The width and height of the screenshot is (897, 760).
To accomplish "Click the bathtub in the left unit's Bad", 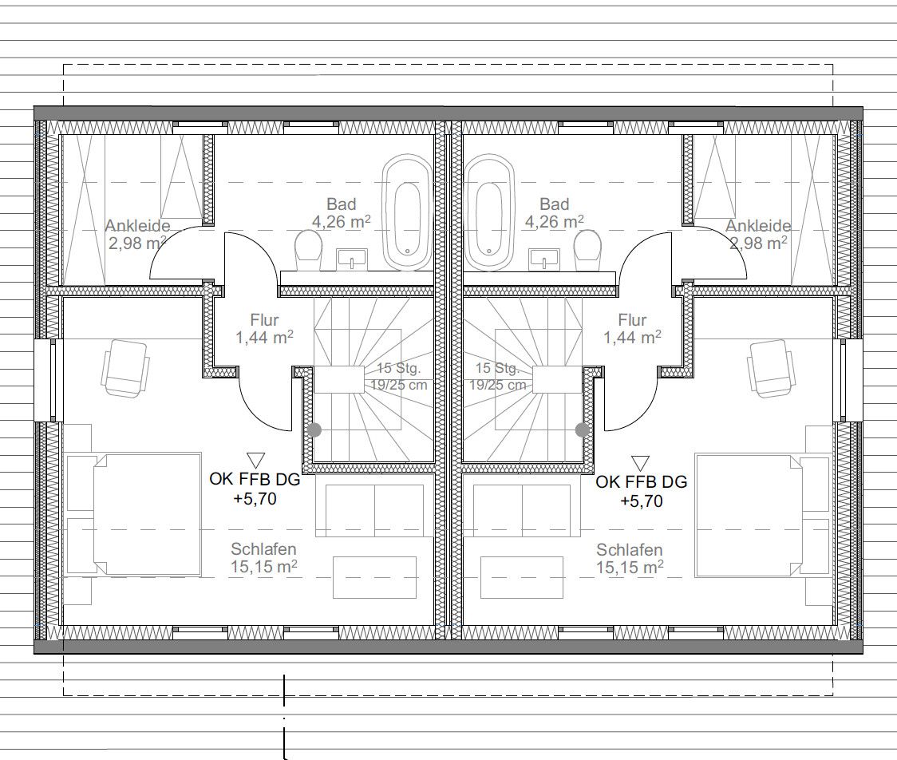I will (407, 212).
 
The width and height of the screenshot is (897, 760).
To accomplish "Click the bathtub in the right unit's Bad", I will (489, 212).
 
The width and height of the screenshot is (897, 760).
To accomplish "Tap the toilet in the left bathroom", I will (306, 250).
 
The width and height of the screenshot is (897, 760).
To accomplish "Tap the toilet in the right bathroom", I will (588, 250).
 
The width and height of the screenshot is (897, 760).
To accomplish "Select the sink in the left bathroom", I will (352, 258).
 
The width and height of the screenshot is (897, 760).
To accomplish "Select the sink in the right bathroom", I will (546, 258).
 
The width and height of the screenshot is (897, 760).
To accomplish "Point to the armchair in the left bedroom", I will (126, 368).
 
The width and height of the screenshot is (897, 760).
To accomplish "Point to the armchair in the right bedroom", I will (771, 368).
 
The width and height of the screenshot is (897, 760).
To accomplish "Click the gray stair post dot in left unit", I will (314, 429).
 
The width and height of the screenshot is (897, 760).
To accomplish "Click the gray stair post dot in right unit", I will (583, 429).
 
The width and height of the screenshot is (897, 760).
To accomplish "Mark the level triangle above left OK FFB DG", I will (255, 460).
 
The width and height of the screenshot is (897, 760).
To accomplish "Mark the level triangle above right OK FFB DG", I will (640, 463).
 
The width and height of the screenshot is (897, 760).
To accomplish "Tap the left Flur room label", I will (264, 320).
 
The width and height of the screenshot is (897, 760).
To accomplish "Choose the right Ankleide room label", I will (757, 227).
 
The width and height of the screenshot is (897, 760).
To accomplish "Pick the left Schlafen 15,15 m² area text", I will (264, 567).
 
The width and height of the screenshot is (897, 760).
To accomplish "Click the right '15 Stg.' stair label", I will (497, 369).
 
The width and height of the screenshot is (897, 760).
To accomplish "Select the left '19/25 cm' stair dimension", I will (399, 385).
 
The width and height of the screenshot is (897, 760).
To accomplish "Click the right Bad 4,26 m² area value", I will (554, 222).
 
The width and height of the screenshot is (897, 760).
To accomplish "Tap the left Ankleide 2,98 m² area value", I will (137, 243).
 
